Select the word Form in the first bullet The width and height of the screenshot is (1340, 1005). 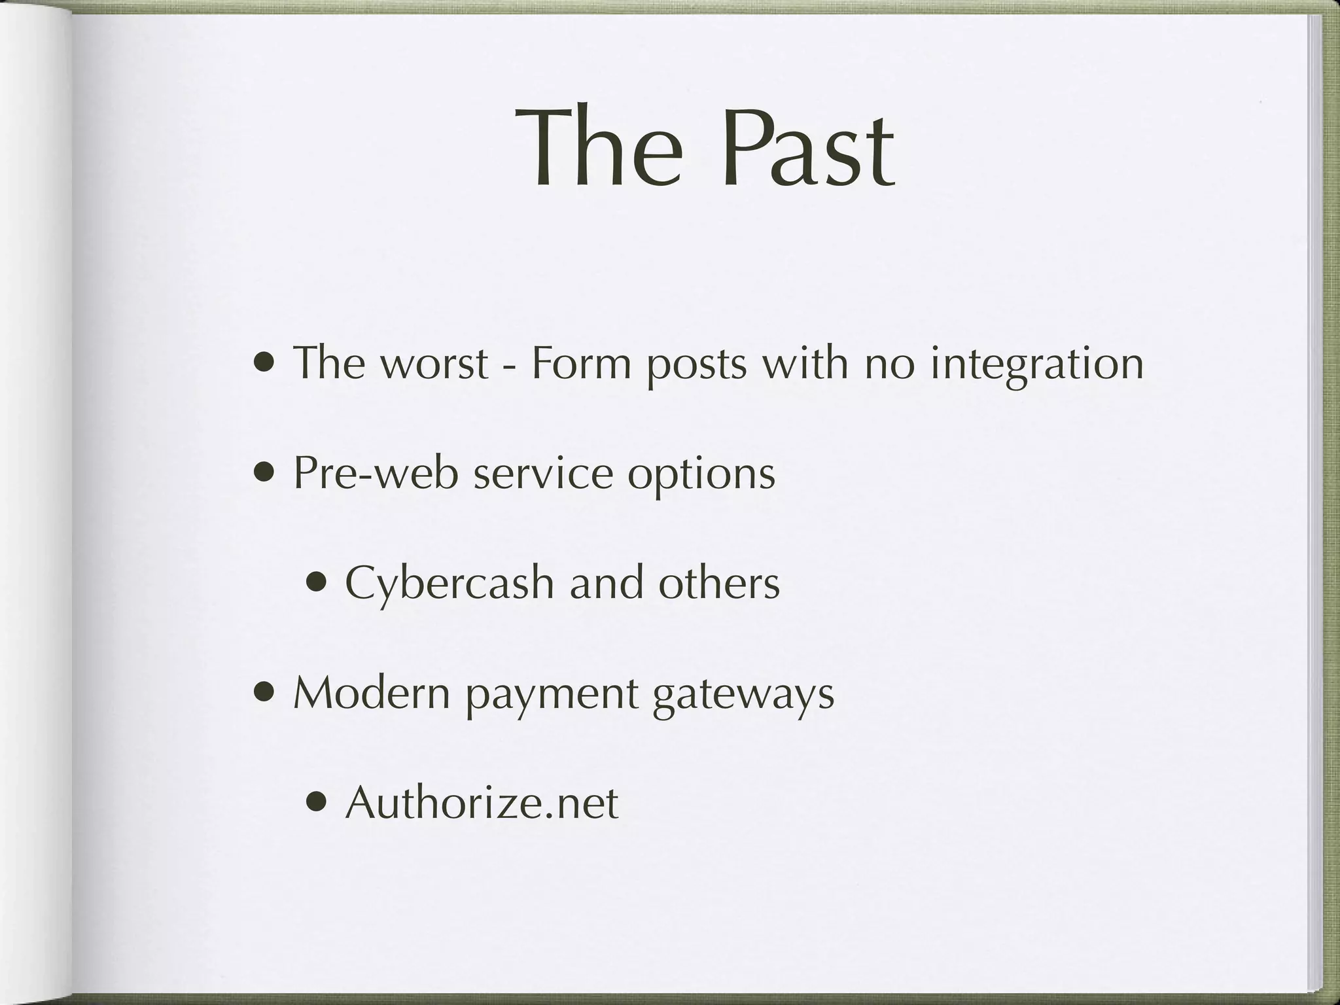581,364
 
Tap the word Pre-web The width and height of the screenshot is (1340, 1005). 376,473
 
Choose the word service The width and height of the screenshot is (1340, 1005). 543,473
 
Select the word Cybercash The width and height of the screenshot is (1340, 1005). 450,584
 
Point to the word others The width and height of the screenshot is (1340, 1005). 719,583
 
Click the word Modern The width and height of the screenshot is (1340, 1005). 372,693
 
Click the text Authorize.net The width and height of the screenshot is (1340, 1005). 482,803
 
